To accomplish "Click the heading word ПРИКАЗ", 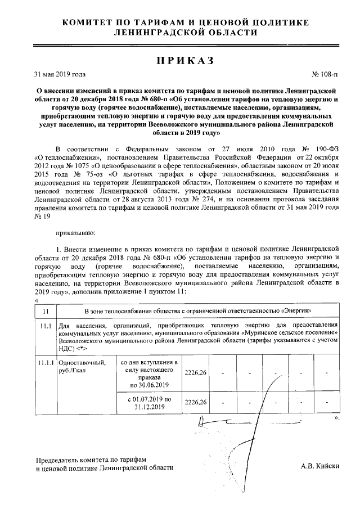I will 180,61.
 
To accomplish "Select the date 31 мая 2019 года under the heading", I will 60,74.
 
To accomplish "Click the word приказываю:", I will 75,232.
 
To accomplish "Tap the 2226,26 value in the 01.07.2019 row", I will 195,403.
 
